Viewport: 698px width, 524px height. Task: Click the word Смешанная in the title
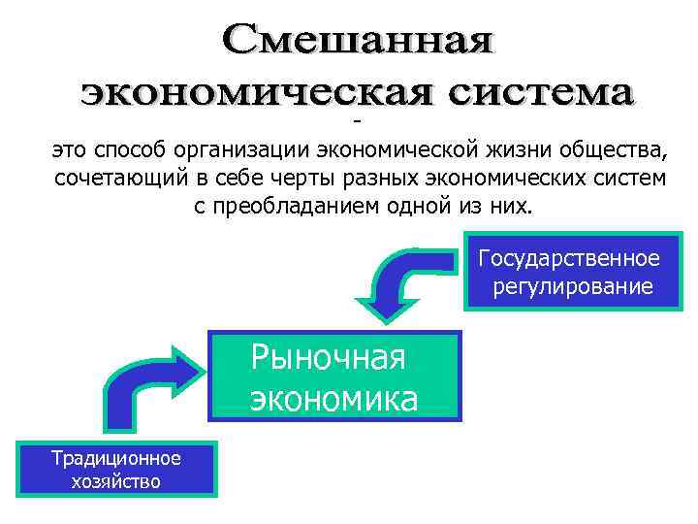[356, 42]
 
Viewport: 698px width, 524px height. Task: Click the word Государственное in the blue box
[569, 259]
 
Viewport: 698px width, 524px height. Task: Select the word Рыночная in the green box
[328, 358]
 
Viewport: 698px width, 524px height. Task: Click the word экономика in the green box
[334, 399]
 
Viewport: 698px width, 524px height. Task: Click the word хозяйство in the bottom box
[116, 481]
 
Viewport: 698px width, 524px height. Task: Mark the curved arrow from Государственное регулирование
[397, 282]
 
